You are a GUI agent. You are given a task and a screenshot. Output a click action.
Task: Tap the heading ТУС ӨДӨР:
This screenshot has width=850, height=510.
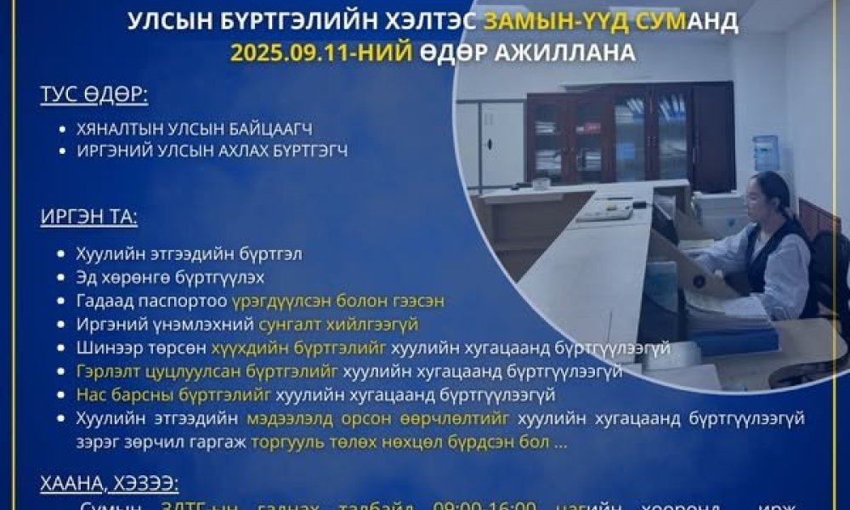pyautogui.click(x=93, y=94)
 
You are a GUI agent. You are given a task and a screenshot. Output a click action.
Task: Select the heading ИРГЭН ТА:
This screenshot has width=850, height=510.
pyautogui.click(x=88, y=217)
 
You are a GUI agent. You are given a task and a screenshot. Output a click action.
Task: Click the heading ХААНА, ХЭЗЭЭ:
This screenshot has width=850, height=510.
pyautogui.click(x=109, y=484)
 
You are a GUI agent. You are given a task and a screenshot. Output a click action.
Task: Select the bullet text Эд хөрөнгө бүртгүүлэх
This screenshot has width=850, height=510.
pyautogui.click(x=169, y=277)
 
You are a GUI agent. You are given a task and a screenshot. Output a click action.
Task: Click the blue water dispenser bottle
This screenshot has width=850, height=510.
pyautogui.click(x=765, y=154)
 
